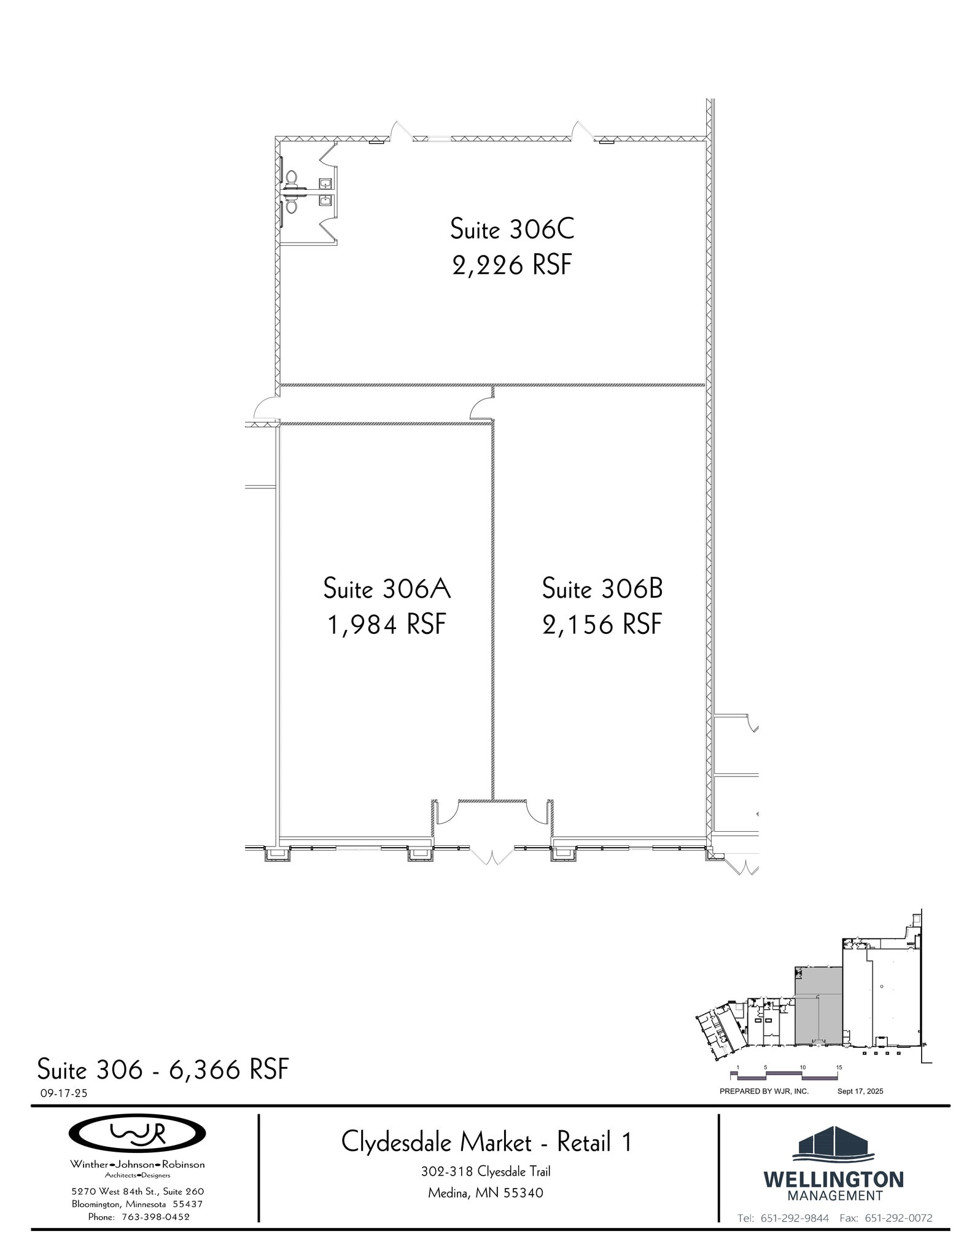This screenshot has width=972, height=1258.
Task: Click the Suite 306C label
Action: pyautogui.click(x=512, y=229)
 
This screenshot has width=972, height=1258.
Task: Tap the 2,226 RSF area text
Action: pyautogui.click(x=512, y=265)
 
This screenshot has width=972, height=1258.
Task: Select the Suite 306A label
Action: pyautogui.click(x=387, y=588)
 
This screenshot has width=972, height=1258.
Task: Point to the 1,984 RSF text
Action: pyautogui.click(x=387, y=625)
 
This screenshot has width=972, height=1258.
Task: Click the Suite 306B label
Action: pyautogui.click(x=602, y=588)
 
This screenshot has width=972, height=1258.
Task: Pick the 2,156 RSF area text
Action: pyautogui.click(x=602, y=625)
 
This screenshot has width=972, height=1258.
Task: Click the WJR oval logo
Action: pyautogui.click(x=137, y=1133)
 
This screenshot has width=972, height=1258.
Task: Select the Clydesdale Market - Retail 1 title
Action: pyautogui.click(x=486, y=1143)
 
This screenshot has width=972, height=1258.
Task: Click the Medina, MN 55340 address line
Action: pyautogui.click(x=485, y=1194)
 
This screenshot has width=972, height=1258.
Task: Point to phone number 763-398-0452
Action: pyautogui.click(x=155, y=1217)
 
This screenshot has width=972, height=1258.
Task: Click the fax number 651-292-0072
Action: pyautogui.click(x=898, y=1218)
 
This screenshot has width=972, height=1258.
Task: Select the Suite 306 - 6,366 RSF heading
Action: pyautogui.click(x=163, y=1069)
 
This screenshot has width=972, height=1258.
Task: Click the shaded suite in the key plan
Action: pyautogui.click(x=818, y=1007)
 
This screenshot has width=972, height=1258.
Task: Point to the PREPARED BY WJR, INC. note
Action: pyautogui.click(x=764, y=1092)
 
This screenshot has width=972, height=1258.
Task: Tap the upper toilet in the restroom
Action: pyautogui.click(x=292, y=179)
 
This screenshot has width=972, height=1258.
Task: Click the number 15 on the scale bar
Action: pyautogui.click(x=839, y=1067)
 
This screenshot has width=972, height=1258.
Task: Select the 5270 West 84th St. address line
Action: pyautogui.click(x=137, y=1192)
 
